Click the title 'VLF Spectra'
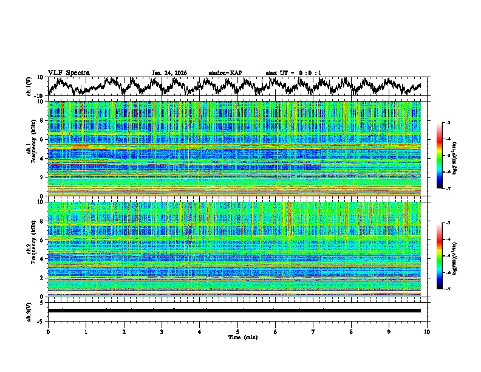(x=69, y=72)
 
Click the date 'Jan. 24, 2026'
(x=169, y=73)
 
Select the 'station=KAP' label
(x=225, y=73)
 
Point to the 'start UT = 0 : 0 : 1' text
(x=293, y=73)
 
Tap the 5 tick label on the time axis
(x=237, y=331)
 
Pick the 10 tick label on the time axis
(x=427, y=331)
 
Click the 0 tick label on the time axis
(x=48, y=331)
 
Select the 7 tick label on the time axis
(x=313, y=331)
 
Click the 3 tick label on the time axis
(x=162, y=331)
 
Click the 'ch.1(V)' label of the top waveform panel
(x=29, y=86)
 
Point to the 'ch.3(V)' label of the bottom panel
(x=29, y=310)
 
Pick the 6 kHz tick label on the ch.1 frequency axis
(x=42, y=139)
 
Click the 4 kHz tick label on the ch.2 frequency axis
(x=42, y=258)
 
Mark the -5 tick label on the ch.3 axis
(x=41, y=320)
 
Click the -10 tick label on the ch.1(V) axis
(x=39, y=95)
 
